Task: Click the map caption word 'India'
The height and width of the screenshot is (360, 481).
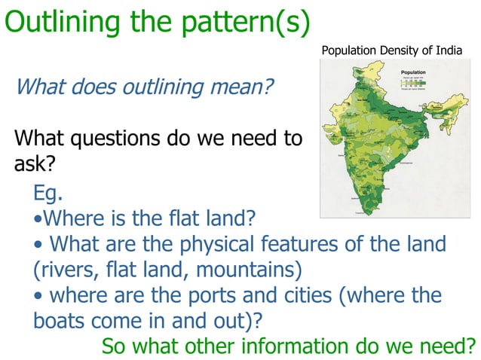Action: [x=446, y=50]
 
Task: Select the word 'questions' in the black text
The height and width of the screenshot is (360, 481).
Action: [x=129, y=139]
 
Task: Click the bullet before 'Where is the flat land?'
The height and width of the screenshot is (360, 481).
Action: [x=38, y=220]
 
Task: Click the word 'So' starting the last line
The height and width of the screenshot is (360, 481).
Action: [x=114, y=346]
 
